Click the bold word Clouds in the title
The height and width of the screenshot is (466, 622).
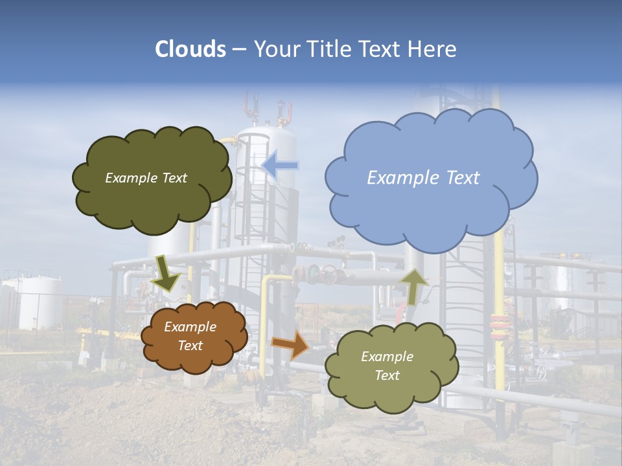190,49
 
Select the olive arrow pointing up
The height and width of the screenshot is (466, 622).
415,285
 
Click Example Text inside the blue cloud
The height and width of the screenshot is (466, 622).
423,178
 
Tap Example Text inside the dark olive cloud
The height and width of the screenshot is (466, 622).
146,178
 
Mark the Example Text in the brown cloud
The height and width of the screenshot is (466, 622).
190,336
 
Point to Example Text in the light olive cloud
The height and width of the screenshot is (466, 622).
387,366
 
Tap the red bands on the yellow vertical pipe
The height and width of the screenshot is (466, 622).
499,324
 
